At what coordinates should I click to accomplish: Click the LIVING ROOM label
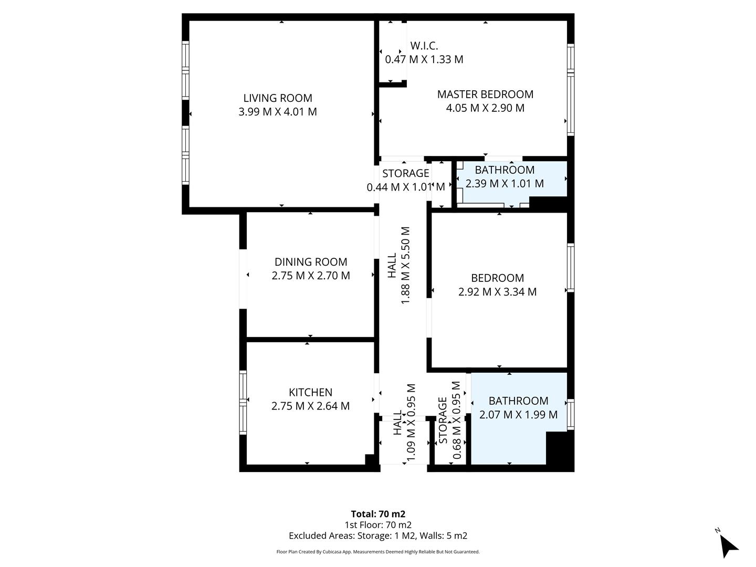tap(278, 98)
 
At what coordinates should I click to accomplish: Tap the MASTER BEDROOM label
tap(485, 94)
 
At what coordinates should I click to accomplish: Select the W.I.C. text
tap(424, 46)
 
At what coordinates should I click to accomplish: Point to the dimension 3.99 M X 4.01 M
tap(278, 112)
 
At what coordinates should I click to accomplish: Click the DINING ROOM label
tap(311, 262)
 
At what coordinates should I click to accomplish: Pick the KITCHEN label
tap(310, 392)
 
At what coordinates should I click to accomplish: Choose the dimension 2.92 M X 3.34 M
tap(497, 292)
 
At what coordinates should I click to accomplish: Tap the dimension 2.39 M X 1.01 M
tap(505, 184)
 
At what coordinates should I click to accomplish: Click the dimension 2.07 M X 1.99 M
tap(518, 415)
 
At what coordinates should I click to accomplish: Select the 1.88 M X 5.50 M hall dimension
tap(405, 265)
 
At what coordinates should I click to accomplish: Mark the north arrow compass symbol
tap(727, 545)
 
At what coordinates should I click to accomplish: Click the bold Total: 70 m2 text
tap(378, 514)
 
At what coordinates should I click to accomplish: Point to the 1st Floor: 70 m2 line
tap(378, 524)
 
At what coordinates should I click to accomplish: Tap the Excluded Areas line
tap(378, 535)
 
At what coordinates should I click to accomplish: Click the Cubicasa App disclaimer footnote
tap(378, 552)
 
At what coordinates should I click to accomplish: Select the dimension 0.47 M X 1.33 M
tap(424, 59)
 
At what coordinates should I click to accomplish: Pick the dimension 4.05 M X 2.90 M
tap(485, 108)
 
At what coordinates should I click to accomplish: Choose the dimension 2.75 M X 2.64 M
tap(310, 406)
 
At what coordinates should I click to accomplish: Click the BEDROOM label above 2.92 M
tap(497, 278)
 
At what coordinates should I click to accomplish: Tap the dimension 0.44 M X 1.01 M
tap(405, 187)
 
